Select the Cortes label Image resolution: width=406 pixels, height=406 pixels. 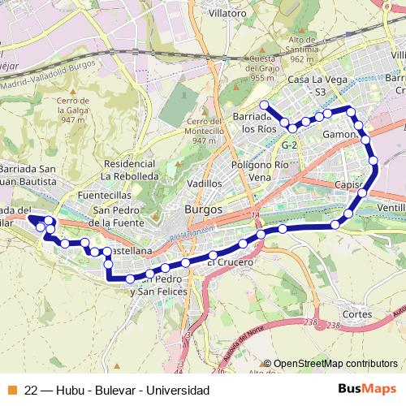tap(358, 313)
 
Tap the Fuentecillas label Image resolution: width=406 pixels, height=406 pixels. tap(106, 196)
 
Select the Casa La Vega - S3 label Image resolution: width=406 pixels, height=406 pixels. tap(312, 87)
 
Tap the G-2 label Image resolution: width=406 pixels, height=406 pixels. tap(290, 145)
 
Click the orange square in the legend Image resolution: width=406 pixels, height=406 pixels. tap(11, 391)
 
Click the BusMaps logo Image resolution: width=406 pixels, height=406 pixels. tap(366, 390)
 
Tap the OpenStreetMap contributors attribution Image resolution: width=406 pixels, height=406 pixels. tap(335, 364)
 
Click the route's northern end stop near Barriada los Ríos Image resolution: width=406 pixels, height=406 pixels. tap(263, 104)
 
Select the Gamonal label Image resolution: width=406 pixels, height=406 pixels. tap(339, 134)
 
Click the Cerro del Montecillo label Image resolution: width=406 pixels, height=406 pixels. tap(192, 131)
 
